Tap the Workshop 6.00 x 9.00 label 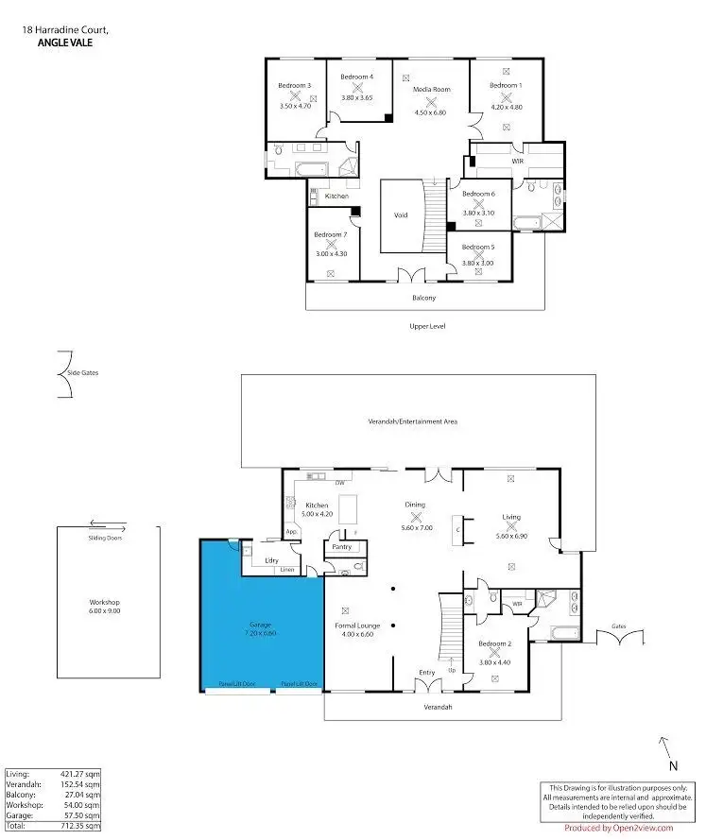coord(106,607)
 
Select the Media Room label coord(430,90)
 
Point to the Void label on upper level coord(401,215)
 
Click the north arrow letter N coord(672,765)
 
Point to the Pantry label coord(340,546)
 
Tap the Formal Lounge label coord(357,626)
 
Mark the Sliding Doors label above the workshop coord(105,537)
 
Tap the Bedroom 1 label coord(505,86)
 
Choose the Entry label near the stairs coord(428,673)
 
